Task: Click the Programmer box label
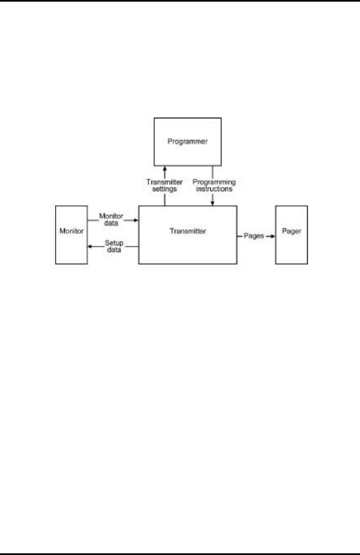(x=187, y=141)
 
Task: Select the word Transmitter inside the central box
(x=188, y=231)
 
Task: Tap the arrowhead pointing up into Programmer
(x=164, y=168)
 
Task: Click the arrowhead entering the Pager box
(x=271, y=235)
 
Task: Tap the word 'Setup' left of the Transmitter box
(x=113, y=242)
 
